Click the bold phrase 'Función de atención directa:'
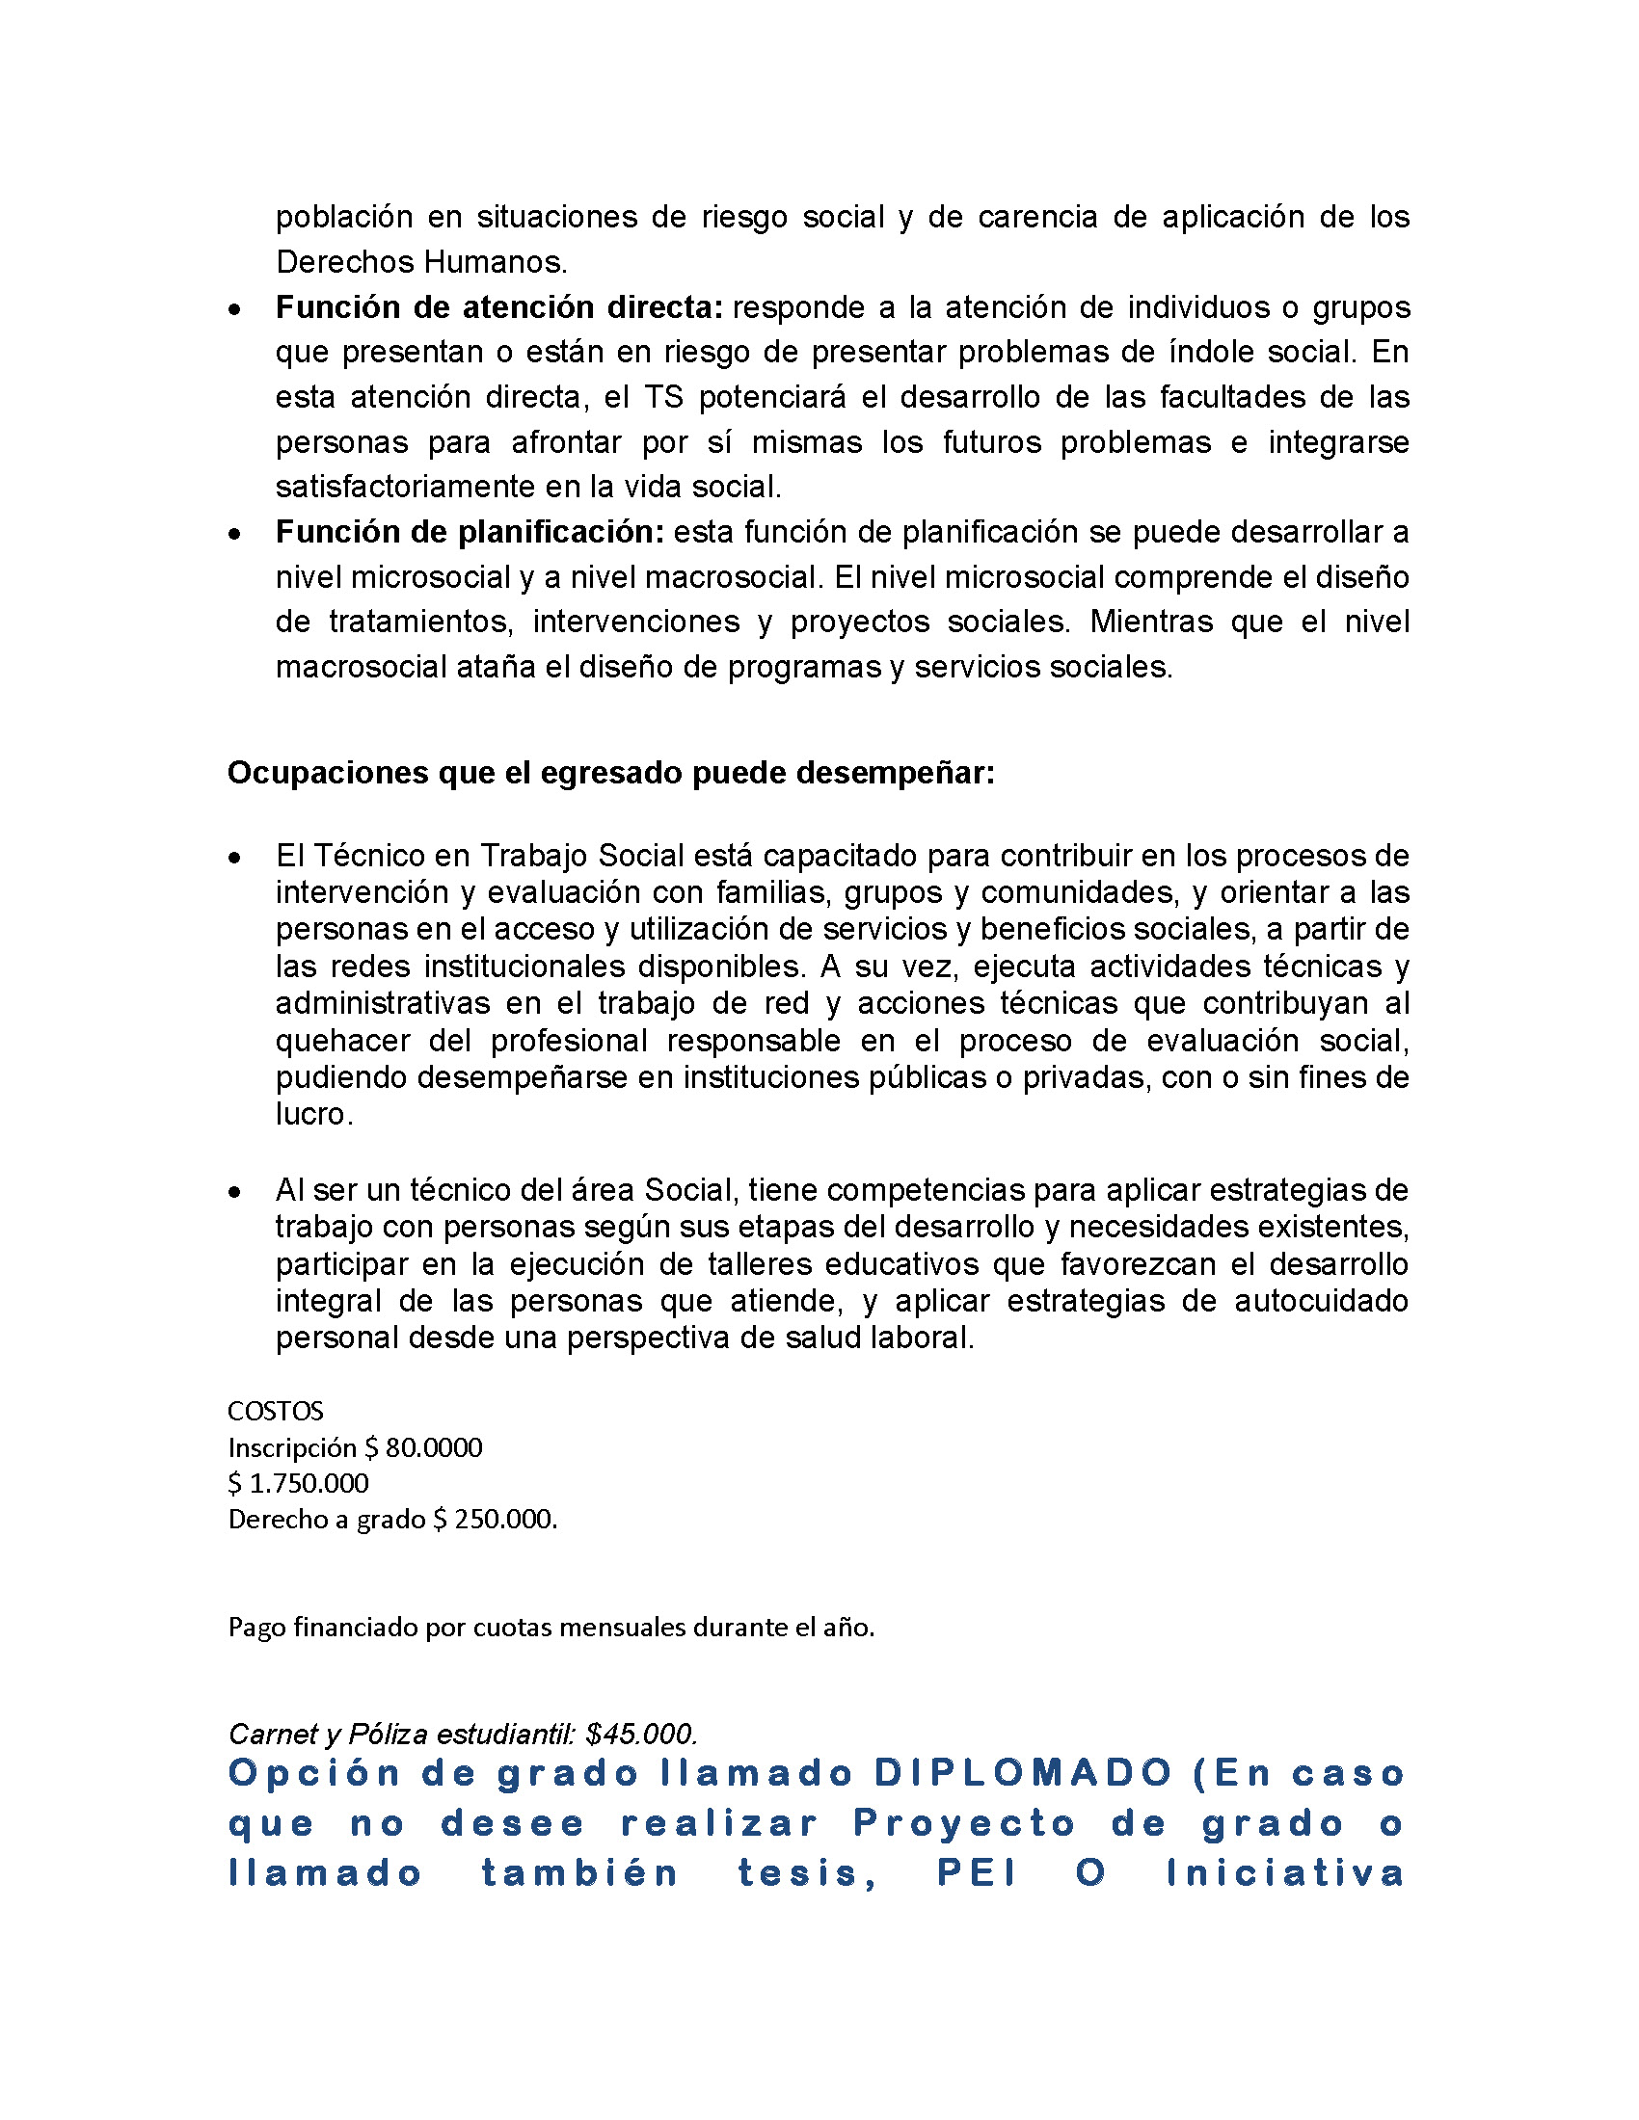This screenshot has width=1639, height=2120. click(x=499, y=307)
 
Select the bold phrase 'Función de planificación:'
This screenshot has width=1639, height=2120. click(x=470, y=532)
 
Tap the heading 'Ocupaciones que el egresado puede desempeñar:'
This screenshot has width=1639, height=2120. click(x=610, y=773)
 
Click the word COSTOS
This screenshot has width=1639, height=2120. click(x=276, y=1411)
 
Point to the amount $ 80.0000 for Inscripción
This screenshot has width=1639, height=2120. click(x=423, y=1447)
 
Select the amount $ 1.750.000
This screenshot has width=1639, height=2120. click(x=298, y=1483)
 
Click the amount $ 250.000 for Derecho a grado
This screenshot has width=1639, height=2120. click(x=494, y=1519)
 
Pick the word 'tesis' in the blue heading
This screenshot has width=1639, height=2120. click(x=806, y=1872)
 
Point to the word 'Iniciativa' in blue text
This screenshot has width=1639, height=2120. click(x=1285, y=1872)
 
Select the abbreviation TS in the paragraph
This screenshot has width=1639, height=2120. click(x=664, y=397)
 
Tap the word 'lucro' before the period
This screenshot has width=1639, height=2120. click(x=310, y=1114)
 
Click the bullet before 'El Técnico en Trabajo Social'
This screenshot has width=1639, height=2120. click(x=234, y=858)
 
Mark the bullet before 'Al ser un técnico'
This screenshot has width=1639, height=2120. click(x=234, y=1192)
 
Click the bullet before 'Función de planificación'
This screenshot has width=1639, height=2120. click(x=234, y=534)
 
